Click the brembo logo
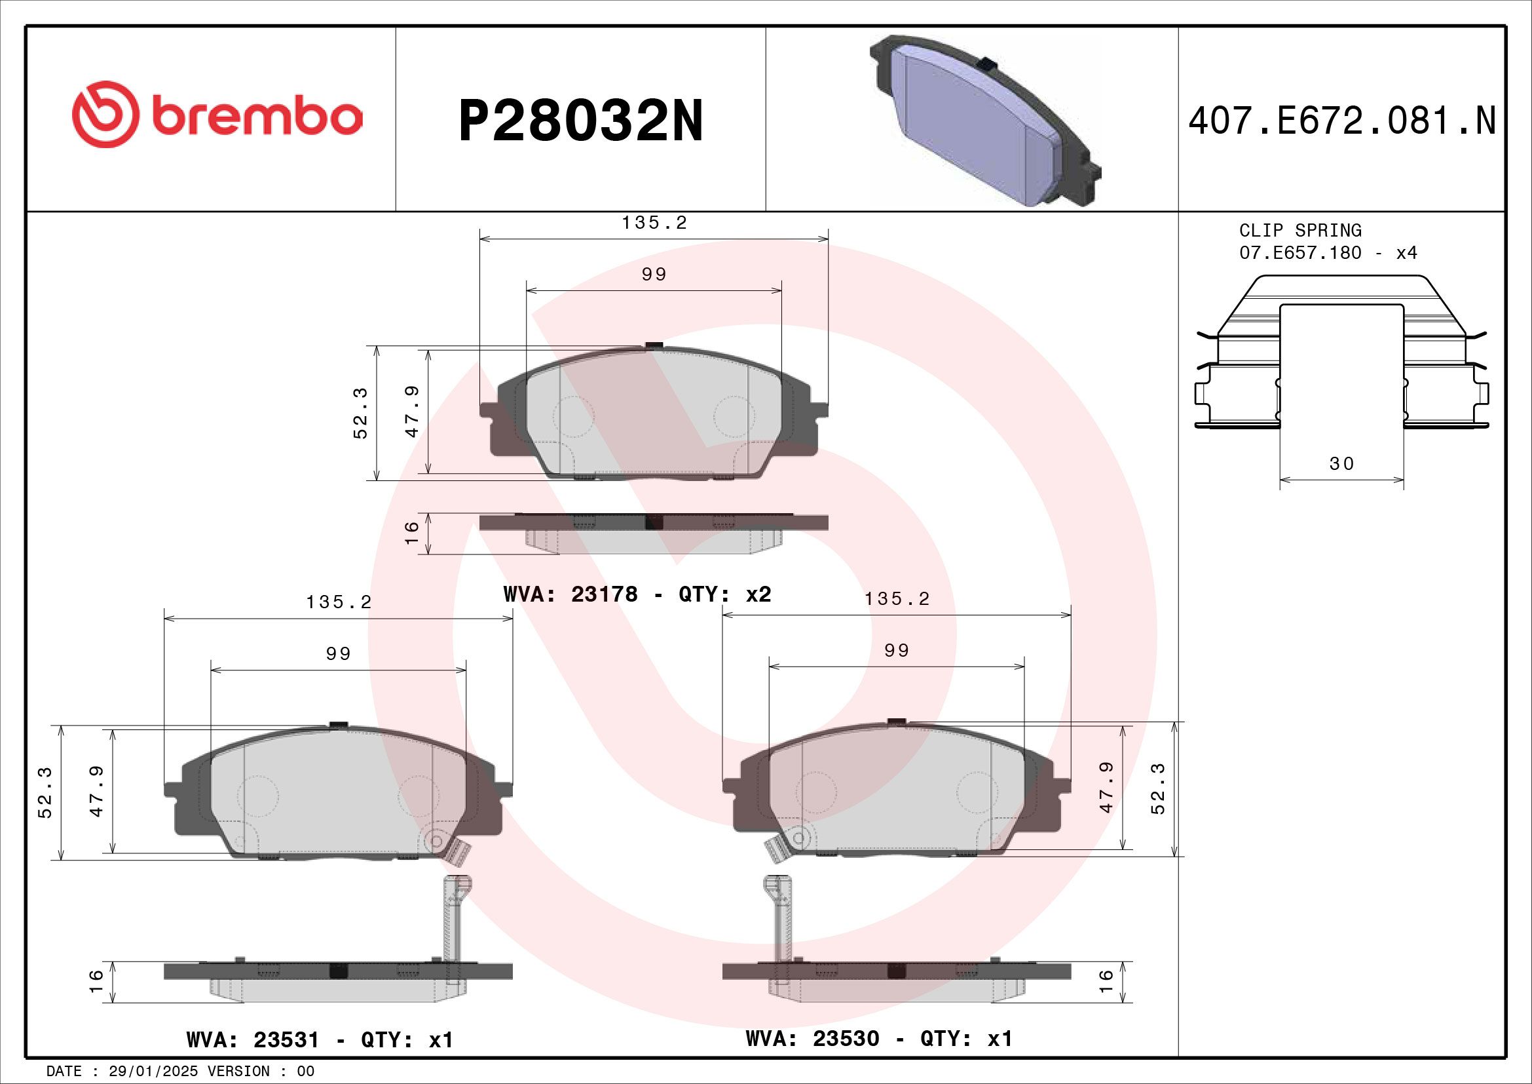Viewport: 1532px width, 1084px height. point(217,115)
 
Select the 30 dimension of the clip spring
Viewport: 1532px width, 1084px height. point(1342,463)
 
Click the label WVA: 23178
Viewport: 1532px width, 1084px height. point(570,594)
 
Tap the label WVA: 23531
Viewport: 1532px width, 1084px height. point(253,1039)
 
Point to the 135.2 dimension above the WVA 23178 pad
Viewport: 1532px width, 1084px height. point(654,223)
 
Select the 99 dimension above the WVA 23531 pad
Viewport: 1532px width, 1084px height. point(338,653)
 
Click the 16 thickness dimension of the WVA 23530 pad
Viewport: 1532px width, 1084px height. point(1106,981)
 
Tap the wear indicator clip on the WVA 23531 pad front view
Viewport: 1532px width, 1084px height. point(458,851)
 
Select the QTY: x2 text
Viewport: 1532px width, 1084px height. point(724,594)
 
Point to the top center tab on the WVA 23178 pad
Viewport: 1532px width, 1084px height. point(654,345)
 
